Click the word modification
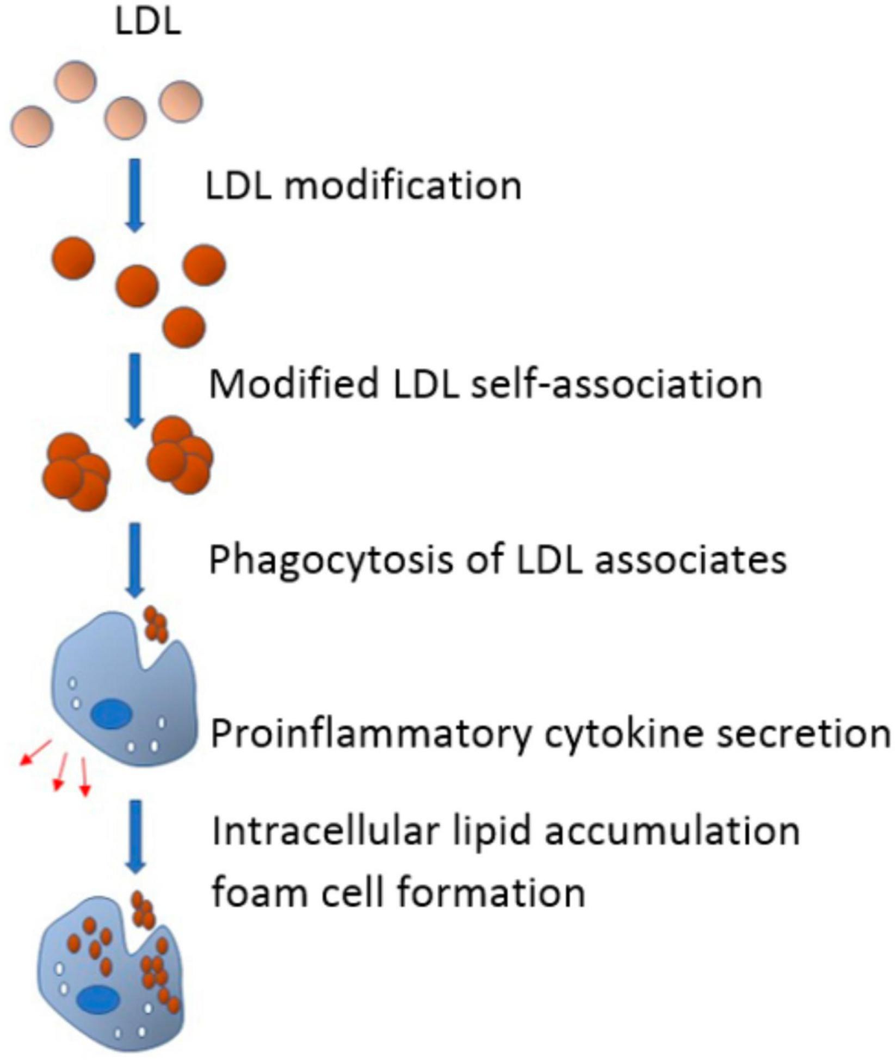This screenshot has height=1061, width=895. click(403, 186)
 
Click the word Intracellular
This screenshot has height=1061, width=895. click(324, 831)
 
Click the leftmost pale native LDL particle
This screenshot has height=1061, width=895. click(32, 125)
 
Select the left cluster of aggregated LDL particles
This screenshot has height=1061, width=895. click(77, 470)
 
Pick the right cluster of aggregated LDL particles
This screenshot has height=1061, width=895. click(180, 455)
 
